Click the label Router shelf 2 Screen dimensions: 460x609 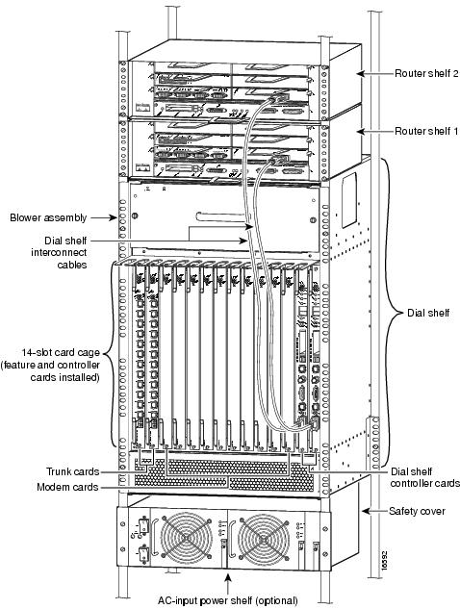(427, 73)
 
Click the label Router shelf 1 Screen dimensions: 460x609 (426, 131)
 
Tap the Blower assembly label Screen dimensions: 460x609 (48, 217)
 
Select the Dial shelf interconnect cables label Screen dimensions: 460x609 (59, 252)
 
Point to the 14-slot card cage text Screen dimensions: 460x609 (61, 353)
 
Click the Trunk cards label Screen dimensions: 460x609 (72, 471)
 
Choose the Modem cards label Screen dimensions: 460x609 (67, 487)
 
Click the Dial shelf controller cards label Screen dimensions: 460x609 (425, 477)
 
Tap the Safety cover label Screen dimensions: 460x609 (417, 511)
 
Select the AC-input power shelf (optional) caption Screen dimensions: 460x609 (228, 600)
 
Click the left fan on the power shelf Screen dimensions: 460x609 (187, 538)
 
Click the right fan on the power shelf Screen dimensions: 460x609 (264, 538)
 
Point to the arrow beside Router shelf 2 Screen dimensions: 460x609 (374, 73)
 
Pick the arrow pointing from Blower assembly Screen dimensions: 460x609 (104, 217)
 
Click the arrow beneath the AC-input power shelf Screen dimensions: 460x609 (228, 584)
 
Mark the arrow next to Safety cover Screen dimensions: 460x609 (374, 511)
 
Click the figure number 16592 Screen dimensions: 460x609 (384, 560)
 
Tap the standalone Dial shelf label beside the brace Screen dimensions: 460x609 (428, 313)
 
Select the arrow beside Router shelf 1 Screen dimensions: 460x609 (374, 132)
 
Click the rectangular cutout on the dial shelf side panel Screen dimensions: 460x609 (349, 200)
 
